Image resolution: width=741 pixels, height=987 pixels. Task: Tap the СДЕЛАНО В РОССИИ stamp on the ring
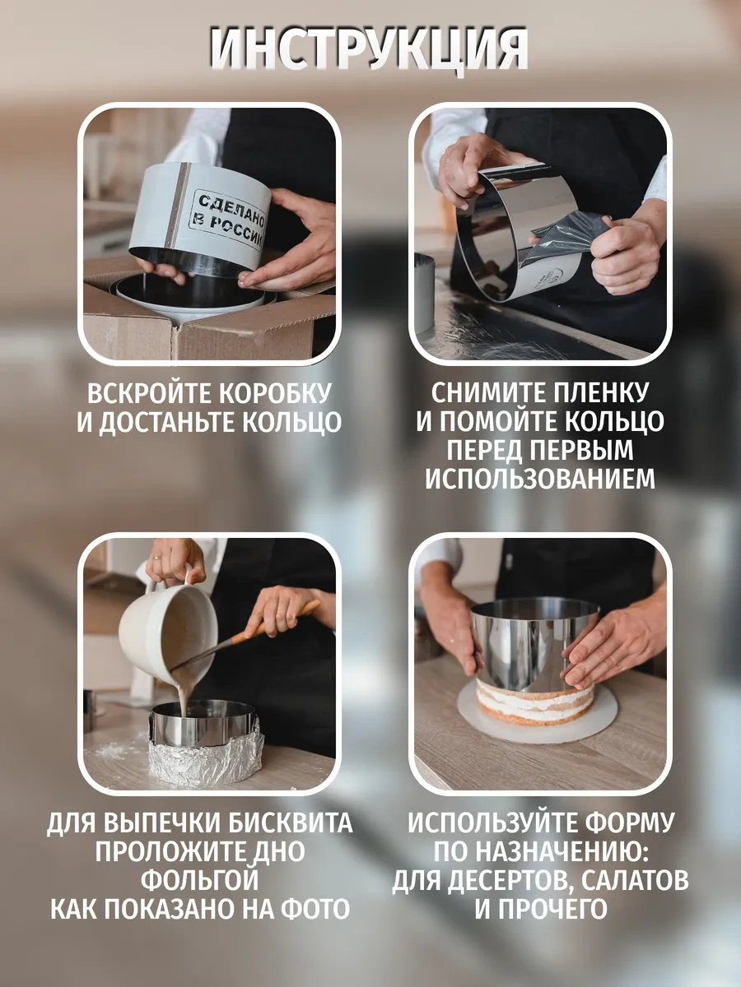tap(230, 220)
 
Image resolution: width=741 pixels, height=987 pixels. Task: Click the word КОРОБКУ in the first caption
tap(275, 394)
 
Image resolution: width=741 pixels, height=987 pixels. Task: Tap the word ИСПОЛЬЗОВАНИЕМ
tap(540, 479)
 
